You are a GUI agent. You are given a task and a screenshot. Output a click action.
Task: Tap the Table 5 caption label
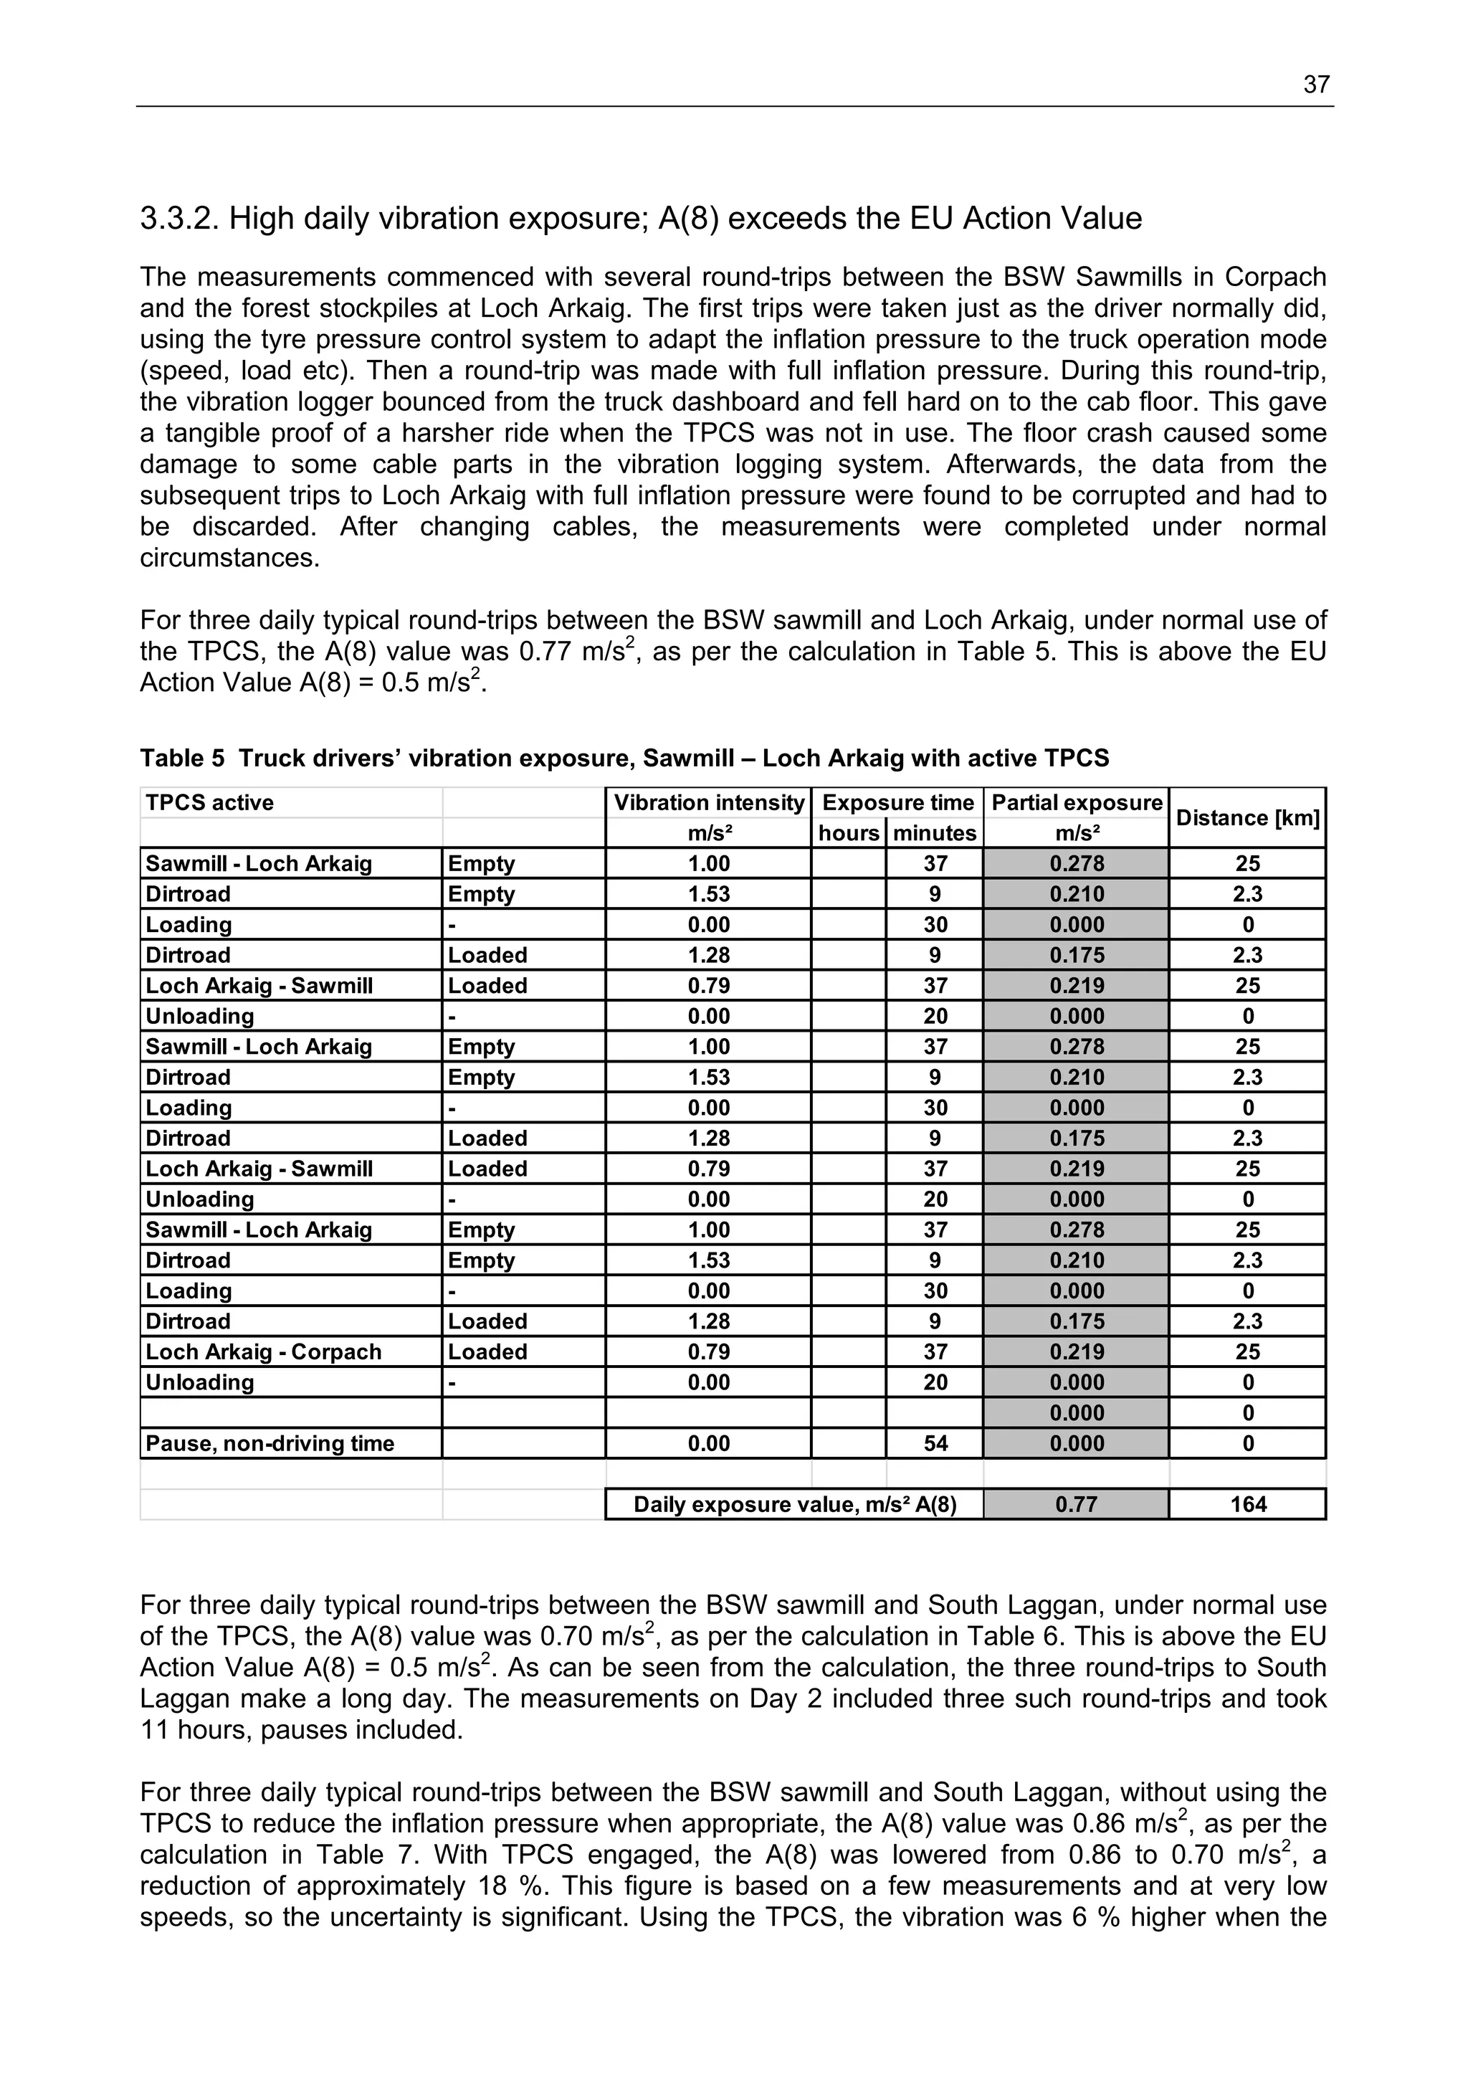click(x=182, y=758)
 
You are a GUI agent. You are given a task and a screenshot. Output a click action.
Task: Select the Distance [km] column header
click(x=1247, y=818)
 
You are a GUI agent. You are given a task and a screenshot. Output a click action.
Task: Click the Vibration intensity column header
click(x=708, y=803)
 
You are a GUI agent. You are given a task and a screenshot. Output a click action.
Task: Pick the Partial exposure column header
click(x=1077, y=803)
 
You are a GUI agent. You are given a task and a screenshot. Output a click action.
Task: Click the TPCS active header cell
click(x=210, y=803)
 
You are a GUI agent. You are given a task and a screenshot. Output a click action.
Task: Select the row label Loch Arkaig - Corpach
click(x=263, y=1351)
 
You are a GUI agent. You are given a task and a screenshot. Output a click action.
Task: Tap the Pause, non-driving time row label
click(x=270, y=1443)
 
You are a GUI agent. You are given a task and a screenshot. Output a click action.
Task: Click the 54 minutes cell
click(x=935, y=1443)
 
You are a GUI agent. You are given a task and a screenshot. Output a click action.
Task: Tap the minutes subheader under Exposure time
click(x=935, y=833)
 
